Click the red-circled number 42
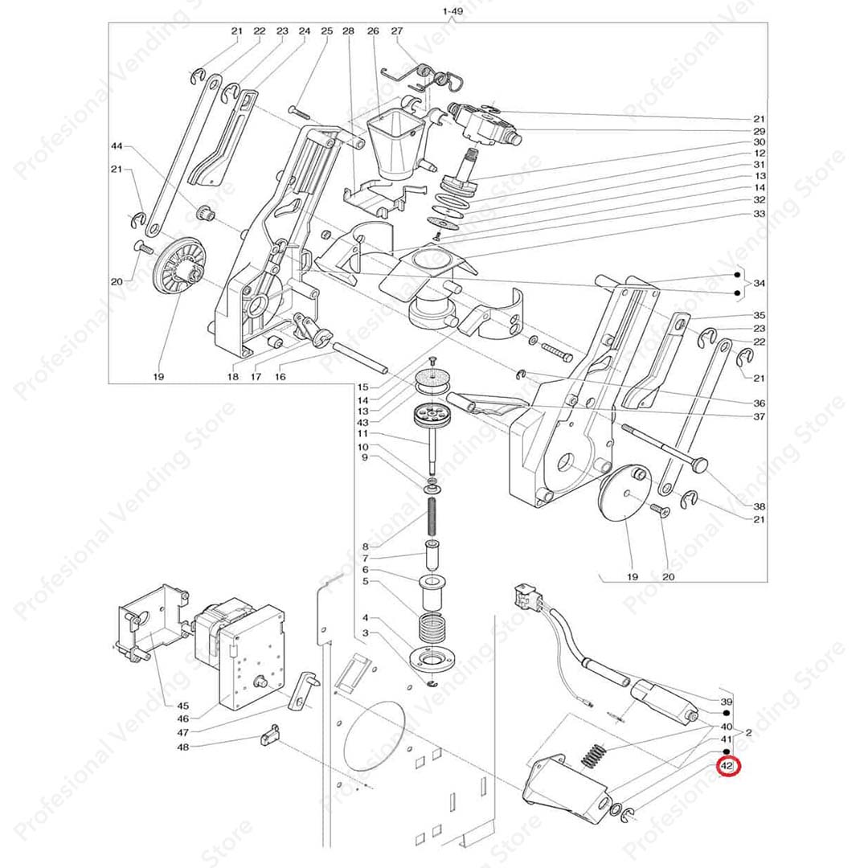point(727,767)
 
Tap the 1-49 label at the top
point(452,11)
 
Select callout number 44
point(117,146)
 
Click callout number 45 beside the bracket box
point(182,706)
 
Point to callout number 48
point(182,747)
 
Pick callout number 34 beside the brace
point(759,284)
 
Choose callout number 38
point(759,506)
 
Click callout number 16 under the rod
point(280,377)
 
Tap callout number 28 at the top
point(348,31)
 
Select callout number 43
point(363,423)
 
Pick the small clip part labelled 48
point(270,734)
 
